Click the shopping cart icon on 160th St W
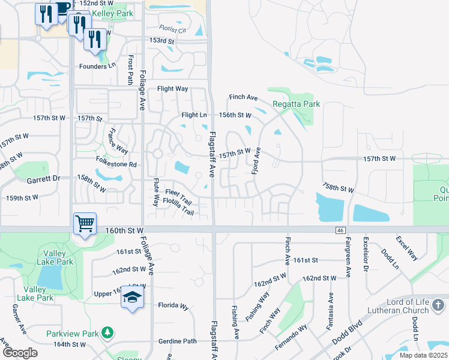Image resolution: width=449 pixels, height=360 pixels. click(85, 224)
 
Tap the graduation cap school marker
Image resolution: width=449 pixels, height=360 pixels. click(132, 298)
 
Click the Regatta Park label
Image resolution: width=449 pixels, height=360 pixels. click(296, 104)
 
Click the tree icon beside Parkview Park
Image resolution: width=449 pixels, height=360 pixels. click(107, 332)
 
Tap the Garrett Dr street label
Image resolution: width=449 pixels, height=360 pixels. click(43, 179)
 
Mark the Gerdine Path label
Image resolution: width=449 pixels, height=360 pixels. click(177, 341)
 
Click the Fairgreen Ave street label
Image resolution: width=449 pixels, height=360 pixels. click(348, 257)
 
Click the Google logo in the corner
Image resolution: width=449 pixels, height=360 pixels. click(20, 353)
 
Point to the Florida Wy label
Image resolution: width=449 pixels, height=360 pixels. click(173, 306)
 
